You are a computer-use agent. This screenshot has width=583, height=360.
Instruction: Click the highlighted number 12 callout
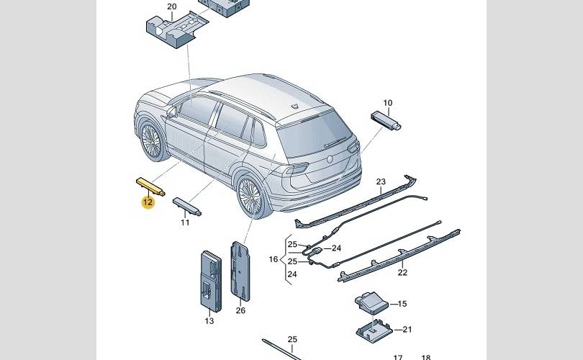click(x=148, y=202)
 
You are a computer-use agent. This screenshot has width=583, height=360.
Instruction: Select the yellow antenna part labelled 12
click(x=150, y=186)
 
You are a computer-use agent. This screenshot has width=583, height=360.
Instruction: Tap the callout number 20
click(x=171, y=7)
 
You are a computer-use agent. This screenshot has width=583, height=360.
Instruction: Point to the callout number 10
click(x=387, y=103)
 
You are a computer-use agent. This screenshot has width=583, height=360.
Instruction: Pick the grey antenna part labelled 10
click(x=386, y=120)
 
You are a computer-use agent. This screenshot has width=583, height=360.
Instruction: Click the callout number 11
click(x=185, y=222)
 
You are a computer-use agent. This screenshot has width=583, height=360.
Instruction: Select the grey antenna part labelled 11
click(x=187, y=206)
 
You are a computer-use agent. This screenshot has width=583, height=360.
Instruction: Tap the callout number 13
click(x=209, y=321)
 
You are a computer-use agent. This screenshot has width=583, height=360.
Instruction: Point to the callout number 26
click(x=240, y=311)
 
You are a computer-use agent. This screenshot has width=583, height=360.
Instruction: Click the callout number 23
click(x=381, y=181)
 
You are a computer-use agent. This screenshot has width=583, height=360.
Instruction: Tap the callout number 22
click(x=402, y=272)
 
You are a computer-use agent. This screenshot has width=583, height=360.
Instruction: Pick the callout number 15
click(x=402, y=304)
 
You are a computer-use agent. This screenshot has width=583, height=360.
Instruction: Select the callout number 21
click(x=407, y=330)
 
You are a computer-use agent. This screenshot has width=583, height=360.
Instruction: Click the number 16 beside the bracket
click(x=274, y=259)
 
